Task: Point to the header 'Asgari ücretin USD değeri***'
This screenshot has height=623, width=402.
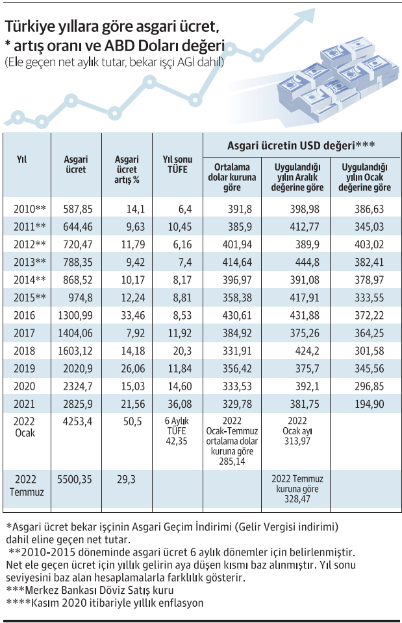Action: coord(301,145)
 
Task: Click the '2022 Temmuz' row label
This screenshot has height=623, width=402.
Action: coord(26,486)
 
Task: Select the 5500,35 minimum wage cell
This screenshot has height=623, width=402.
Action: coord(76,480)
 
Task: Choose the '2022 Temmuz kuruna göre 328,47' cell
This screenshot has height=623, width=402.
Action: coord(296,491)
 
